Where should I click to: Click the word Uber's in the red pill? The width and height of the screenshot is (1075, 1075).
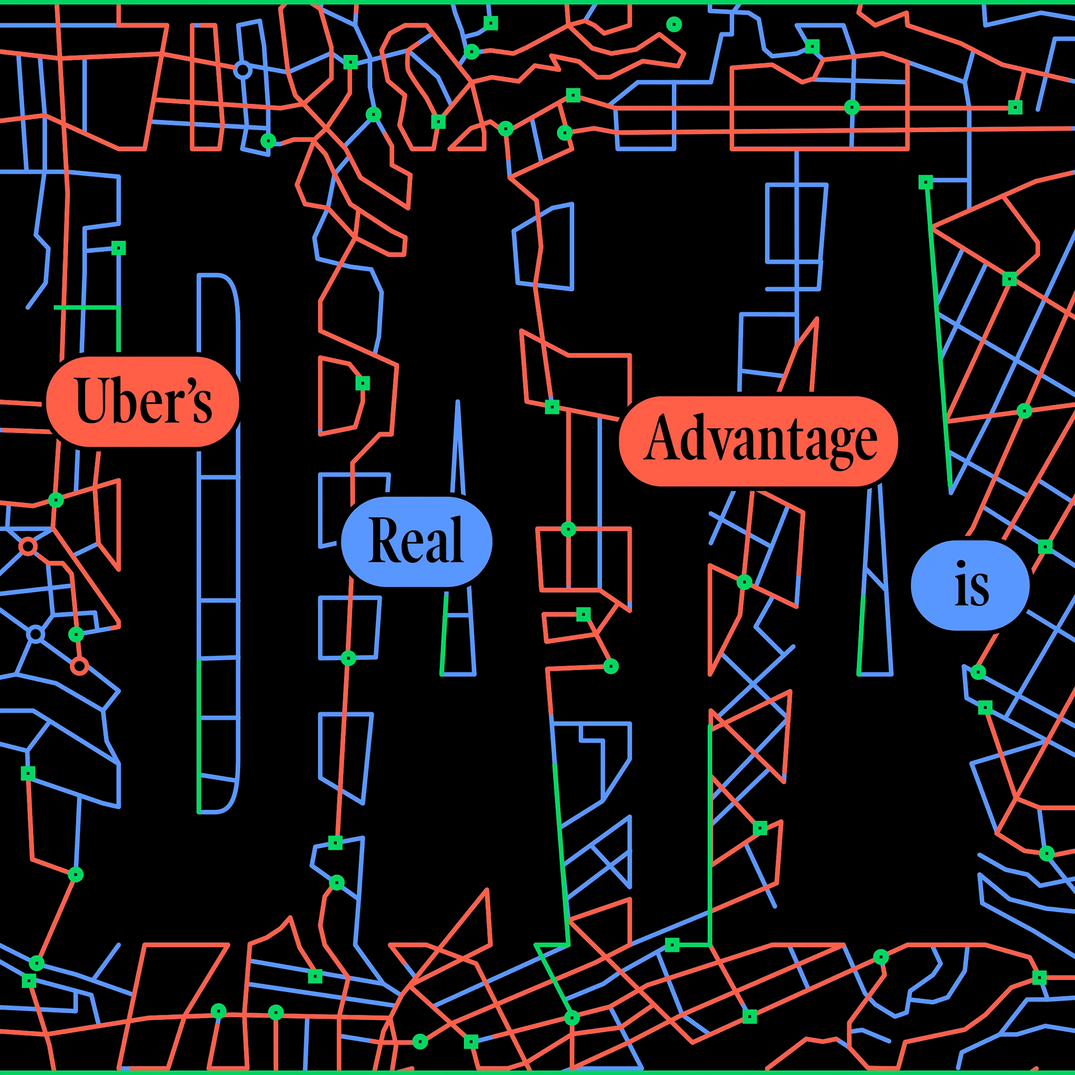tap(144, 401)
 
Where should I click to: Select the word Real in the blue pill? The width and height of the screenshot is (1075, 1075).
tap(416, 541)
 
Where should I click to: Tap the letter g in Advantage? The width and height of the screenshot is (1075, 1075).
tap(840, 448)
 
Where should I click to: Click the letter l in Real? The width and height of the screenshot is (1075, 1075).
tap(456, 539)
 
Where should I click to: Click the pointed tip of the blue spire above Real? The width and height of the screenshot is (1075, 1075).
tap(457, 401)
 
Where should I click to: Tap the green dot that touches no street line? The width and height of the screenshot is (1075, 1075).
tap(674, 24)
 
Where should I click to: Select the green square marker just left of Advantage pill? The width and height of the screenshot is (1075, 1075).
tap(552, 407)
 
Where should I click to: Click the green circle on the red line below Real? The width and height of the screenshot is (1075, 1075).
tap(348, 658)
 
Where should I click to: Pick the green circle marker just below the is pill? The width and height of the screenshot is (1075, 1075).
tap(978, 672)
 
